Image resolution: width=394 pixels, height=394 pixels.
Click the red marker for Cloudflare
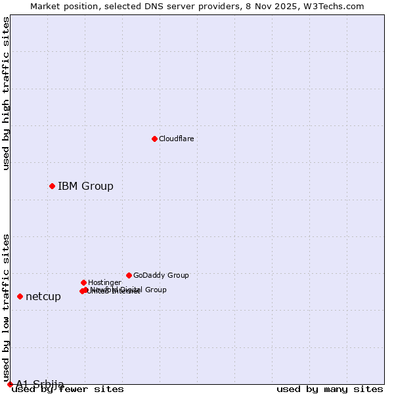tap(154, 139)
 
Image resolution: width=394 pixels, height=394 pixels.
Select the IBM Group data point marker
tap(52, 186)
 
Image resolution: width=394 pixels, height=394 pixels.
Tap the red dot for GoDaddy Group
tap(129, 275)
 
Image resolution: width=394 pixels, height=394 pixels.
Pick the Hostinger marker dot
tap(83, 282)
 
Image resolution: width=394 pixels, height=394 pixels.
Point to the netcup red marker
tap(20, 296)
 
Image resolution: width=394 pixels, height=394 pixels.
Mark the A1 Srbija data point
tap(10, 384)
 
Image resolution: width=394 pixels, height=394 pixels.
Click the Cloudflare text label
tap(176, 139)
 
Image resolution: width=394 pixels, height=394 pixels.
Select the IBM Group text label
tap(85, 186)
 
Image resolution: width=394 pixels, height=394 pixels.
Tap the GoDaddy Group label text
tap(161, 275)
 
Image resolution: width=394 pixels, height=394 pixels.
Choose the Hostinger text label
tap(104, 282)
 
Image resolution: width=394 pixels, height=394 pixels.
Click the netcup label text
tap(43, 296)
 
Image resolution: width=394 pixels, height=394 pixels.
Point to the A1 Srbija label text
tap(40, 384)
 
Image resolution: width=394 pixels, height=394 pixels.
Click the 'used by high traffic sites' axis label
tap(7, 93)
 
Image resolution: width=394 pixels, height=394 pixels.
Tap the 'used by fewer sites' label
tap(68, 389)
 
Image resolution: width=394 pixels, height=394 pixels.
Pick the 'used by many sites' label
tap(330, 389)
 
